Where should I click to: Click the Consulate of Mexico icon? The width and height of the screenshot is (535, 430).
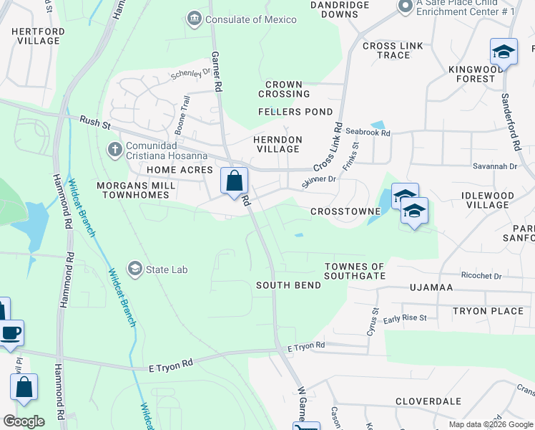(x=194, y=19)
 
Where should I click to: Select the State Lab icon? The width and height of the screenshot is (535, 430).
(x=134, y=269)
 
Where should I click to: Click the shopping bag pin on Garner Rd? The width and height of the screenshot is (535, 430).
(x=234, y=181)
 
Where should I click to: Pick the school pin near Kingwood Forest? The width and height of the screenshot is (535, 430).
(x=504, y=52)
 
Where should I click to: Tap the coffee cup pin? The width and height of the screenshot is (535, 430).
(x=11, y=333)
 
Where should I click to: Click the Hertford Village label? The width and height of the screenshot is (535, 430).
(x=38, y=36)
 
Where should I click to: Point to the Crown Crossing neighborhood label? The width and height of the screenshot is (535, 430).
(x=284, y=89)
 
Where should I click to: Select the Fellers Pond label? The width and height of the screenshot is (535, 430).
(x=296, y=112)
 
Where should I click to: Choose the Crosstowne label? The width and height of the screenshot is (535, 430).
(x=339, y=212)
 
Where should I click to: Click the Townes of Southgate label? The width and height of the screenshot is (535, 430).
(x=355, y=271)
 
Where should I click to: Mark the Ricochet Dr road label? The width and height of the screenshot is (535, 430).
(x=481, y=275)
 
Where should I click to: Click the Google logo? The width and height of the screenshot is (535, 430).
(x=24, y=421)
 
